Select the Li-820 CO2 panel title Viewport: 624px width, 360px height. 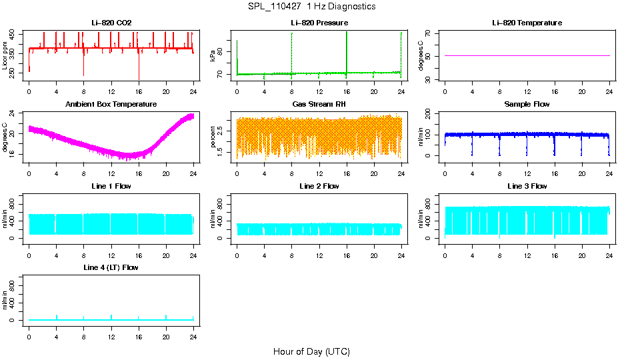point(111,23)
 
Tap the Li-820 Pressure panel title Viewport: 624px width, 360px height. point(319,23)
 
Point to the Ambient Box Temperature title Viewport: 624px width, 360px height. point(111,104)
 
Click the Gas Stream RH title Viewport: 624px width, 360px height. point(319,104)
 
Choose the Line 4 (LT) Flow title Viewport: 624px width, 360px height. point(111,267)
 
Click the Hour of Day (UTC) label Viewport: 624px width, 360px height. point(311,351)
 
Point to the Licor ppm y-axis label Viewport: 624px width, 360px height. point(5,55)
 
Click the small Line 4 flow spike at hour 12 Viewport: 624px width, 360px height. point(111,316)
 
